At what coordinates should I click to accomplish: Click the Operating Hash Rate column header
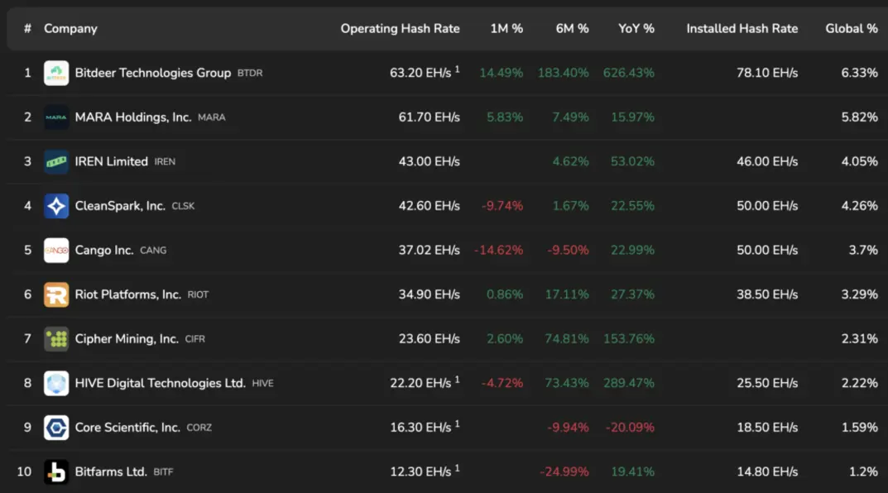[400, 29]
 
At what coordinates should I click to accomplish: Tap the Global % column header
[852, 29]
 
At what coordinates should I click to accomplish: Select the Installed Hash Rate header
[742, 29]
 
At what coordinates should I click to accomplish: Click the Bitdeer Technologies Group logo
[56, 73]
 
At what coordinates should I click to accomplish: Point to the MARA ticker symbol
[211, 117]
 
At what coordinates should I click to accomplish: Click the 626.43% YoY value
[629, 73]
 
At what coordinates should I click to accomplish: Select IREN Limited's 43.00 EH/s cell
[429, 162]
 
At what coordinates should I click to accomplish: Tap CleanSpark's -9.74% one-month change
[502, 206]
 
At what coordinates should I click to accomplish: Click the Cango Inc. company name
[103, 250]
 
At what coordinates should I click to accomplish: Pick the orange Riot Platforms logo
[56, 295]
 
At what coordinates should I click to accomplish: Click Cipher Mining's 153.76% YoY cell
[629, 339]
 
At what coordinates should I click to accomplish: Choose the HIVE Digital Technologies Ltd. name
[161, 383]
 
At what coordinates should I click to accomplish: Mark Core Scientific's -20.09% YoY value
[630, 428]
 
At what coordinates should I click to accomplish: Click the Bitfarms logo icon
[56, 472]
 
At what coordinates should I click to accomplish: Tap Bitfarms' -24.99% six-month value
[564, 472]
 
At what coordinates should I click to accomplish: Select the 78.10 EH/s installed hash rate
[767, 73]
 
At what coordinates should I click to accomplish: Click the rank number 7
[27, 339]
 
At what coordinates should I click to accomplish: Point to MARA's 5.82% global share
[859, 117]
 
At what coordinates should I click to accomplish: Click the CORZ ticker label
[199, 428]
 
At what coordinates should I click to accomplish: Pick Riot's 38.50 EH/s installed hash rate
[767, 295]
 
